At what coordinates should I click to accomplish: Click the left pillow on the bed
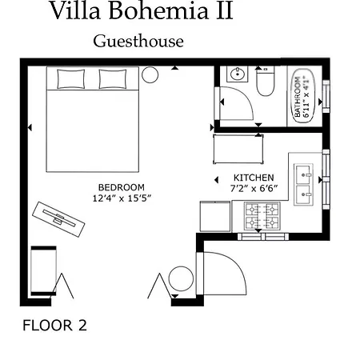coord(71,79)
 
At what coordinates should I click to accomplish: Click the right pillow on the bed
coord(113,79)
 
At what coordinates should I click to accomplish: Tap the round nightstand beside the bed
coord(150,74)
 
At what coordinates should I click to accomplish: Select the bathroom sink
coord(237,74)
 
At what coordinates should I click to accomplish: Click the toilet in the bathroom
coord(266,81)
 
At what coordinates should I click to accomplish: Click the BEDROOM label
coord(122,187)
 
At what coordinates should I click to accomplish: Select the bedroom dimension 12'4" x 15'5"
coord(122,198)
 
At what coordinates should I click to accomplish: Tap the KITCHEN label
coord(254,178)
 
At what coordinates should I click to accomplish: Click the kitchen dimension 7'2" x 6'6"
coord(254,188)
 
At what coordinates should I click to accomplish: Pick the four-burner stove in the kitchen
coord(262,216)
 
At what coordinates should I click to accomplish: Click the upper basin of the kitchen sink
coord(303,173)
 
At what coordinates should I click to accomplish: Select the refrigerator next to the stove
coord(215,216)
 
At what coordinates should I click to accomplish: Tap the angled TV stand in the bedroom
coord(58,219)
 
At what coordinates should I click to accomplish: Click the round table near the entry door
coord(181,278)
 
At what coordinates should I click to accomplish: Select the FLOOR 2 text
coord(54,326)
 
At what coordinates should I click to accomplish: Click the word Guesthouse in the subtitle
coord(138,42)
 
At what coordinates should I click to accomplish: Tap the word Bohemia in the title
coord(158,10)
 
